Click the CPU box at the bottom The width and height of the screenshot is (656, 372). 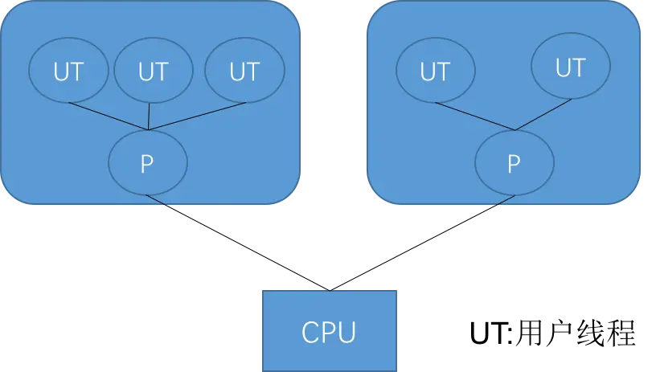[x=330, y=331]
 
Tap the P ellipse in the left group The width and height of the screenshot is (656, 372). [x=148, y=162]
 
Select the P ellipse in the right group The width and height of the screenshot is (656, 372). [x=515, y=162]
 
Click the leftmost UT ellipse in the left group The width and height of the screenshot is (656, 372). [x=68, y=70]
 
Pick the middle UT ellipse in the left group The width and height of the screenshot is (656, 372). [x=154, y=70]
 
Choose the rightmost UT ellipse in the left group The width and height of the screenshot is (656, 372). [x=244, y=70]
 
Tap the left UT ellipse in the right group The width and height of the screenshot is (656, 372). [x=436, y=70]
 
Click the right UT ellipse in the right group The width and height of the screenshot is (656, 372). [x=571, y=66]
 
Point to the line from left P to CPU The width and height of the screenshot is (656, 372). [x=238, y=243]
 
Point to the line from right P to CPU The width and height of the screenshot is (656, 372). [x=423, y=243]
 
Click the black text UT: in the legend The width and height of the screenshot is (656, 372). [x=491, y=333]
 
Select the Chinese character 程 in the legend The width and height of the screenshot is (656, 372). [x=621, y=333]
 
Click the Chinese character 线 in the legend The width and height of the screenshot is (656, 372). [x=591, y=333]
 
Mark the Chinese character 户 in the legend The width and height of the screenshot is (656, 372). [x=560, y=333]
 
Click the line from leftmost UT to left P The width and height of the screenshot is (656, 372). [x=109, y=117]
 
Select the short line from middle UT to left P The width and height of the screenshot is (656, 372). [x=149, y=117]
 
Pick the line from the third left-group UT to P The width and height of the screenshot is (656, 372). [x=197, y=117]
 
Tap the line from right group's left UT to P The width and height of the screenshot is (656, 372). [x=475, y=117]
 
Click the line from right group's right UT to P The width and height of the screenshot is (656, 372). [x=543, y=115]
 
